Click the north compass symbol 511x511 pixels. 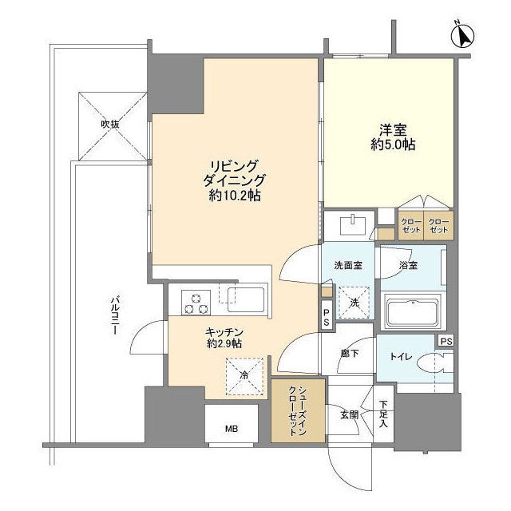(463, 35)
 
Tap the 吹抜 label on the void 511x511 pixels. (110, 125)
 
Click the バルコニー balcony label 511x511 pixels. (113, 315)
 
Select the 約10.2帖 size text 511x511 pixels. (234, 195)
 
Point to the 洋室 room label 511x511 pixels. (393, 130)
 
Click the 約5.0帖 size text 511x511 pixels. (393, 145)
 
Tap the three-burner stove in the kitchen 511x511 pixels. (196, 303)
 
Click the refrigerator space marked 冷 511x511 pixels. (244, 376)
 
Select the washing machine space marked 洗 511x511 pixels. (354, 303)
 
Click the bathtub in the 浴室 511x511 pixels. (413, 312)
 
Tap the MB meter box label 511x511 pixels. (232, 429)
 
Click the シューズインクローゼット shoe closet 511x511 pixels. (298, 410)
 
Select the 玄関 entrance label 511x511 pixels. (350, 414)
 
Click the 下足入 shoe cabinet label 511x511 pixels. (383, 414)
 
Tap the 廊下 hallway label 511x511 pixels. (350, 353)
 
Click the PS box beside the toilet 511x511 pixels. (446, 341)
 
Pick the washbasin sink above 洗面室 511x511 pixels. (353, 224)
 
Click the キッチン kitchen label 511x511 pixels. (224, 332)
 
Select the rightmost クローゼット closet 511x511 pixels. (438, 225)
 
